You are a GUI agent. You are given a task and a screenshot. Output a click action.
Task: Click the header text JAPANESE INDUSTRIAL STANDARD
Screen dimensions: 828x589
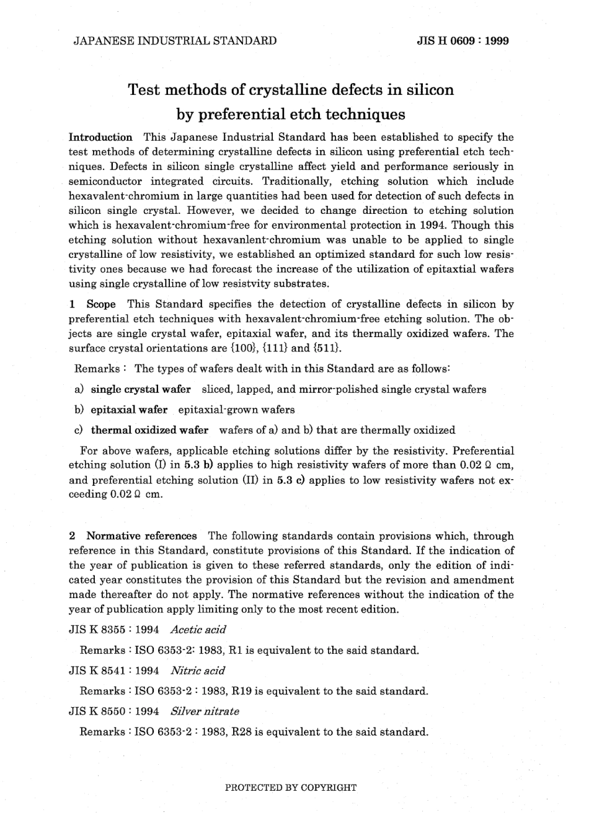[175, 41]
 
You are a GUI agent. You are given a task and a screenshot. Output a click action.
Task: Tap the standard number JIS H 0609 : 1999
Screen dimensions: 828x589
[463, 41]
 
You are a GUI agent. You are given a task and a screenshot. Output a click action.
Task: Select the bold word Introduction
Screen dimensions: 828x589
[100, 137]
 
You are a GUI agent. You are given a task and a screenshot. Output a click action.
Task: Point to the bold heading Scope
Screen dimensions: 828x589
[101, 304]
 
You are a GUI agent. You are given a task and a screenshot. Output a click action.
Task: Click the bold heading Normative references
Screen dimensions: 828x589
[141, 535]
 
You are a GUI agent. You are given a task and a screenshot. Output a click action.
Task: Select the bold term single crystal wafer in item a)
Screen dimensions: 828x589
[141, 389]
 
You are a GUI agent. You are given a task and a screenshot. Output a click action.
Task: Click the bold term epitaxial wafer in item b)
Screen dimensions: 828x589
[129, 410]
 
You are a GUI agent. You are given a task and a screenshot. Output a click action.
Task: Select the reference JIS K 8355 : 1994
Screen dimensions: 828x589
[113, 630]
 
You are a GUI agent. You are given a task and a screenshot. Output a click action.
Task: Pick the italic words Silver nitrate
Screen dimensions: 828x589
[205, 711]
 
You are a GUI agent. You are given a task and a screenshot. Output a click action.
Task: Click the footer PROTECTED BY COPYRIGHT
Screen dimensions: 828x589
[291, 788]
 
